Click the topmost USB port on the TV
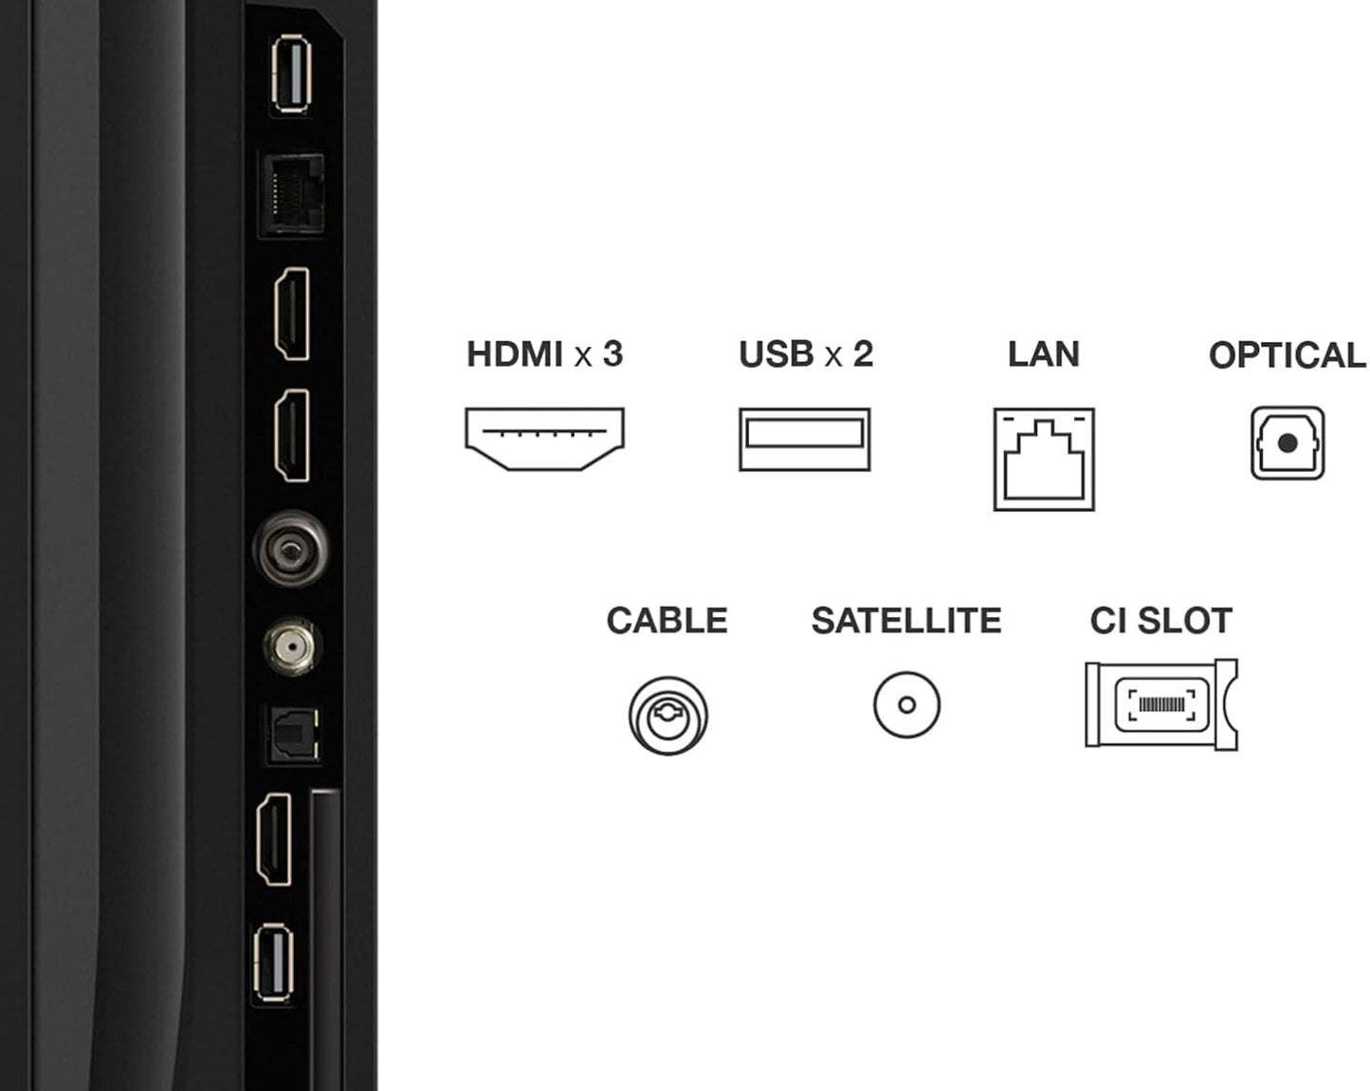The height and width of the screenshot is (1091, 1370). point(290,73)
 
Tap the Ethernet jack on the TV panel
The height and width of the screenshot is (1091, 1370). point(292,194)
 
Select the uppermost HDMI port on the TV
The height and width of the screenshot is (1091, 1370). point(292,314)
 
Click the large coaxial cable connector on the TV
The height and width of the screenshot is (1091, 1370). point(291,548)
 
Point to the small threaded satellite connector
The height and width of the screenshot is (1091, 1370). point(292,646)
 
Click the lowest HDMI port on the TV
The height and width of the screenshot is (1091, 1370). point(274,840)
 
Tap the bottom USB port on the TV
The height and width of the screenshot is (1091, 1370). point(274,964)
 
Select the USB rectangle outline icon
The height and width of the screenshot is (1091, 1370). point(804,439)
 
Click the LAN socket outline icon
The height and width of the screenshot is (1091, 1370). point(1044,460)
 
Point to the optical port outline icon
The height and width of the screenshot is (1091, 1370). point(1287,443)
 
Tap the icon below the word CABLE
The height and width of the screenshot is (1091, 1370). point(667,716)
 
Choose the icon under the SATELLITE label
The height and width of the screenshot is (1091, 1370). point(906,705)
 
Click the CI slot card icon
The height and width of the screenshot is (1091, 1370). point(1161,704)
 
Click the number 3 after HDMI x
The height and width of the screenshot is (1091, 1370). point(612,354)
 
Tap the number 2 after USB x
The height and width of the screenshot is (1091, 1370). point(863,354)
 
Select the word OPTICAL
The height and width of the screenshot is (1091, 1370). point(1287,355)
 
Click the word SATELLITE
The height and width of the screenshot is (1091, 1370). point(906,621)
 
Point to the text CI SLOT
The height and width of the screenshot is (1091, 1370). point(1160,621)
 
